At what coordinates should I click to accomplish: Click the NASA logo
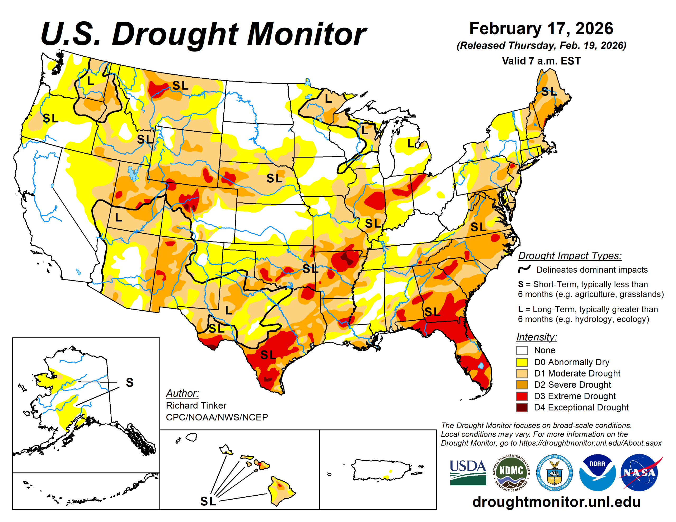639,472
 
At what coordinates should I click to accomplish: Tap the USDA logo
468,472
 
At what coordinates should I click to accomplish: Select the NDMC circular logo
511,472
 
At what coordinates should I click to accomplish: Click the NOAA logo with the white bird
597,472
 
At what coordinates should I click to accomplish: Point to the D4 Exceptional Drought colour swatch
522,407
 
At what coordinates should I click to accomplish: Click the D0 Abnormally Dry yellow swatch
522,362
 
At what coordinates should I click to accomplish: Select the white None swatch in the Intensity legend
522,350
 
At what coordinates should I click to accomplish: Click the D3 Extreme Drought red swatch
522,396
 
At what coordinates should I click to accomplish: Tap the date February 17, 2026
541,29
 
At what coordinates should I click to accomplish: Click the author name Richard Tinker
196,405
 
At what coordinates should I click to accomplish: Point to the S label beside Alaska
130,383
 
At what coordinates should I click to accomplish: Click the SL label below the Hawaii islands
208,501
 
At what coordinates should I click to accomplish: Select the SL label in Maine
548,92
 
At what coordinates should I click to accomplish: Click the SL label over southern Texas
268,355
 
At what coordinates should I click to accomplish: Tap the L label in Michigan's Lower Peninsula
410,143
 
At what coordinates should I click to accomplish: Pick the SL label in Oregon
50,118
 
